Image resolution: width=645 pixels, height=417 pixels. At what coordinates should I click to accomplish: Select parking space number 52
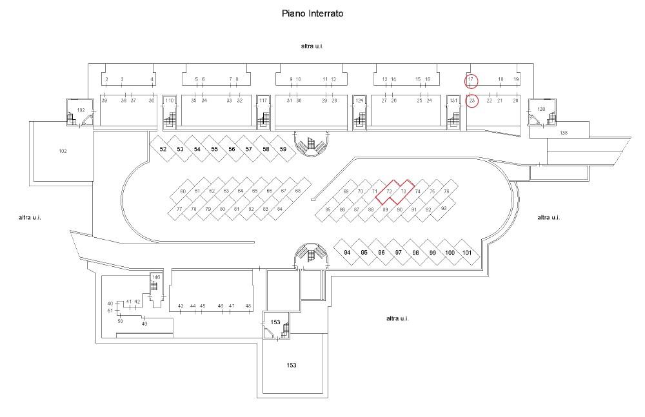[163, 150]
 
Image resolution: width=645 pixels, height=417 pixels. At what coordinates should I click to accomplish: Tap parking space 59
[283, 150]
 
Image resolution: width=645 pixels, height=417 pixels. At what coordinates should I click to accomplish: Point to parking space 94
[347, 253]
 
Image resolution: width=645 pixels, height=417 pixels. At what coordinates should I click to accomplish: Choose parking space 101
[468, 253]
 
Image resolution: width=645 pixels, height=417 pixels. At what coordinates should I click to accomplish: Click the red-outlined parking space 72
[389, 191]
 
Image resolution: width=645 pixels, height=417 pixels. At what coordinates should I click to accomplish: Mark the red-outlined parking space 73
[403, 191]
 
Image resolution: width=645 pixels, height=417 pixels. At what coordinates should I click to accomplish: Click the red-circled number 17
[471, 80]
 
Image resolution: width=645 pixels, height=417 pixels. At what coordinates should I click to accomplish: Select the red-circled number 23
[471, 101]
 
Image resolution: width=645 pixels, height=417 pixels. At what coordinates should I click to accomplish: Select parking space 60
[183, 191]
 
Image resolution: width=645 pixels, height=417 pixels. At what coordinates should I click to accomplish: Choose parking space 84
[279, 209]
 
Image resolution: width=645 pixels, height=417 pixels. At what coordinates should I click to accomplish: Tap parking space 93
[444, 209]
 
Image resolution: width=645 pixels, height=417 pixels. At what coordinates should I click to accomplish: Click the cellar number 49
[144, 324]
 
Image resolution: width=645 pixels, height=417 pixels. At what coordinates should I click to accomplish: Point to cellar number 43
[181, 305]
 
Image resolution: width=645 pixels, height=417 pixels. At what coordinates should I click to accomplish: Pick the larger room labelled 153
[292, 365]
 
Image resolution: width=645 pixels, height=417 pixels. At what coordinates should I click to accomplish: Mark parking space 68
[298, 191]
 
